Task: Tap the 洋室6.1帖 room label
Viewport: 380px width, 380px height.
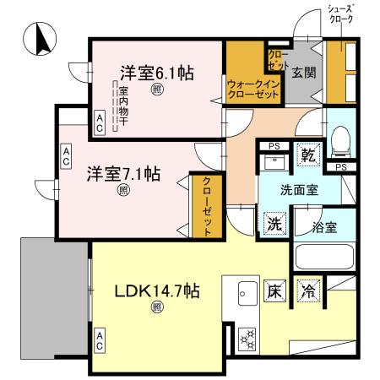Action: (x=156, y=73)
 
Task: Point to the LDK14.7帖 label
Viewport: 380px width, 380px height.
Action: (x=157, y=291)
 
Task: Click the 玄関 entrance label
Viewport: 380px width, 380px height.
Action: (x=304, y=73)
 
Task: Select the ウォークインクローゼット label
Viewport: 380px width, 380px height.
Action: (x=252, y=90)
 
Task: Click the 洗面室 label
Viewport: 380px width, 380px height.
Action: (x=300, y=190)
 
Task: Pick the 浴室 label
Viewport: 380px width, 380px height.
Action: (x=324, y=226)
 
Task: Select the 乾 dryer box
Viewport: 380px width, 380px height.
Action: (x=309, y=155)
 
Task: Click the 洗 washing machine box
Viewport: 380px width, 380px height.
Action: (x=274, y=225)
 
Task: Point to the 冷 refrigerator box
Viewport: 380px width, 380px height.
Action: (x=310, y=290)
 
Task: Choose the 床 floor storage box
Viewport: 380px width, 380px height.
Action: (x=275, y=290)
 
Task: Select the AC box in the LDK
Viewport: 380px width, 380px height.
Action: (x=100, y=340)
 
